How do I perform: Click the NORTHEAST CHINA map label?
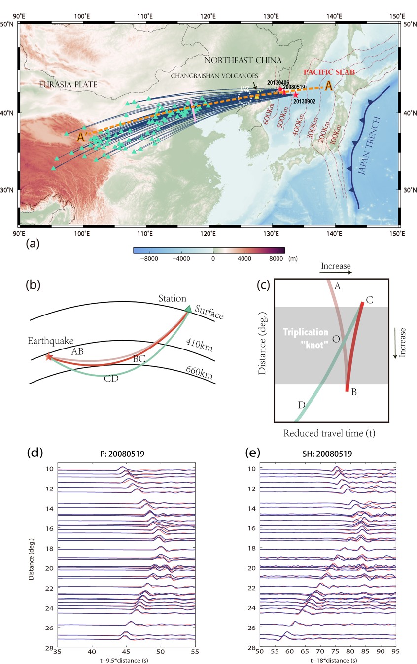(x=240, y=60)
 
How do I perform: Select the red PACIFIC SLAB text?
(x=326, y=72)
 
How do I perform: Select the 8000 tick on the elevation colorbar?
(x=277, y=258)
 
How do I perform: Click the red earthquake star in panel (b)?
(x=48, y=357)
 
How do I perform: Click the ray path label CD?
(x=111, y=379)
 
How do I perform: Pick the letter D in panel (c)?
(x=301, y=405)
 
